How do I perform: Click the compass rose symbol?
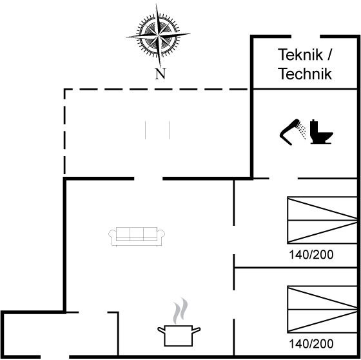coord(158,35)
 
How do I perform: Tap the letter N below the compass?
coord(161,74)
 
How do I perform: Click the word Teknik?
coord(300,55)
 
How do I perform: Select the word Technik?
coord(305,74)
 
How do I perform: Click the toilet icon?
coord(321,132)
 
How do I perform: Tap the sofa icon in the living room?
coord(137,237)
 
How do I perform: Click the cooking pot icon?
coord(179,335)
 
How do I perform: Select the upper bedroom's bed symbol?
coord(322,221)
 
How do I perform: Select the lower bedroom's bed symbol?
coord(322,310)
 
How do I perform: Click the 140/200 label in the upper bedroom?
coord(311,255)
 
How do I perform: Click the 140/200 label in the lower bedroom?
coord(311,344)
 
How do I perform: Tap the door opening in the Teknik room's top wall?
coord(306,36)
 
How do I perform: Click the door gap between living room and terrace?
coord(148,178)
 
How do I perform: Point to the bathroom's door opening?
coord(284,178)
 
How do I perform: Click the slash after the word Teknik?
coord(329,55)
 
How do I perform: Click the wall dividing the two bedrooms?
coord(296,268)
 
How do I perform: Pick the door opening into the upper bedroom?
coord(234,240)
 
